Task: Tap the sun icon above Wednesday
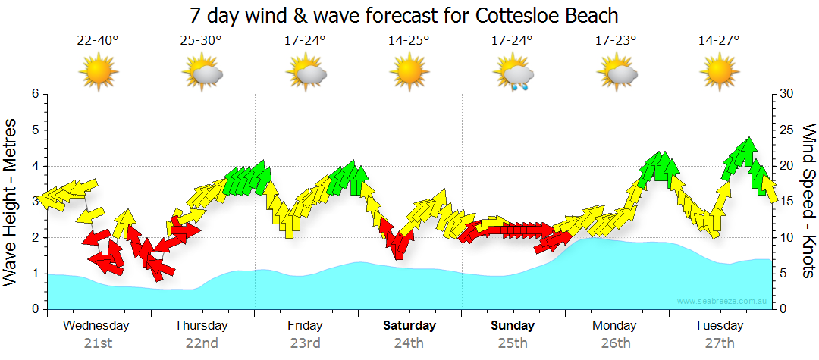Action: coord(98,73)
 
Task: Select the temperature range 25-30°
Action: coord(201,40)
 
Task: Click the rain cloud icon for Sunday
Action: coord(513,74)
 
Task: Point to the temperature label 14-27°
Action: coord(719,40)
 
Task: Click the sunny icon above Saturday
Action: coord(409,73)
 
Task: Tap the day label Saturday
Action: coord(409,326)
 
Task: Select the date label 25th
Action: coord(513,343)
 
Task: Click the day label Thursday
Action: coord(201,326)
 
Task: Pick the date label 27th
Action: coord(720,343)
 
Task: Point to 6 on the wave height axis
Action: coord(35,94)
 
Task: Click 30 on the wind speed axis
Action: coord(786,94)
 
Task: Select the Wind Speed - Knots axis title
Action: coord(808,201)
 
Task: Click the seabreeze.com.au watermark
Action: coord(723,302)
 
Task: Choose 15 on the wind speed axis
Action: coord(786,202)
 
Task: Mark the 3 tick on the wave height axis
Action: coord(35,202)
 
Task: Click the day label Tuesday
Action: coord(720,326)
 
